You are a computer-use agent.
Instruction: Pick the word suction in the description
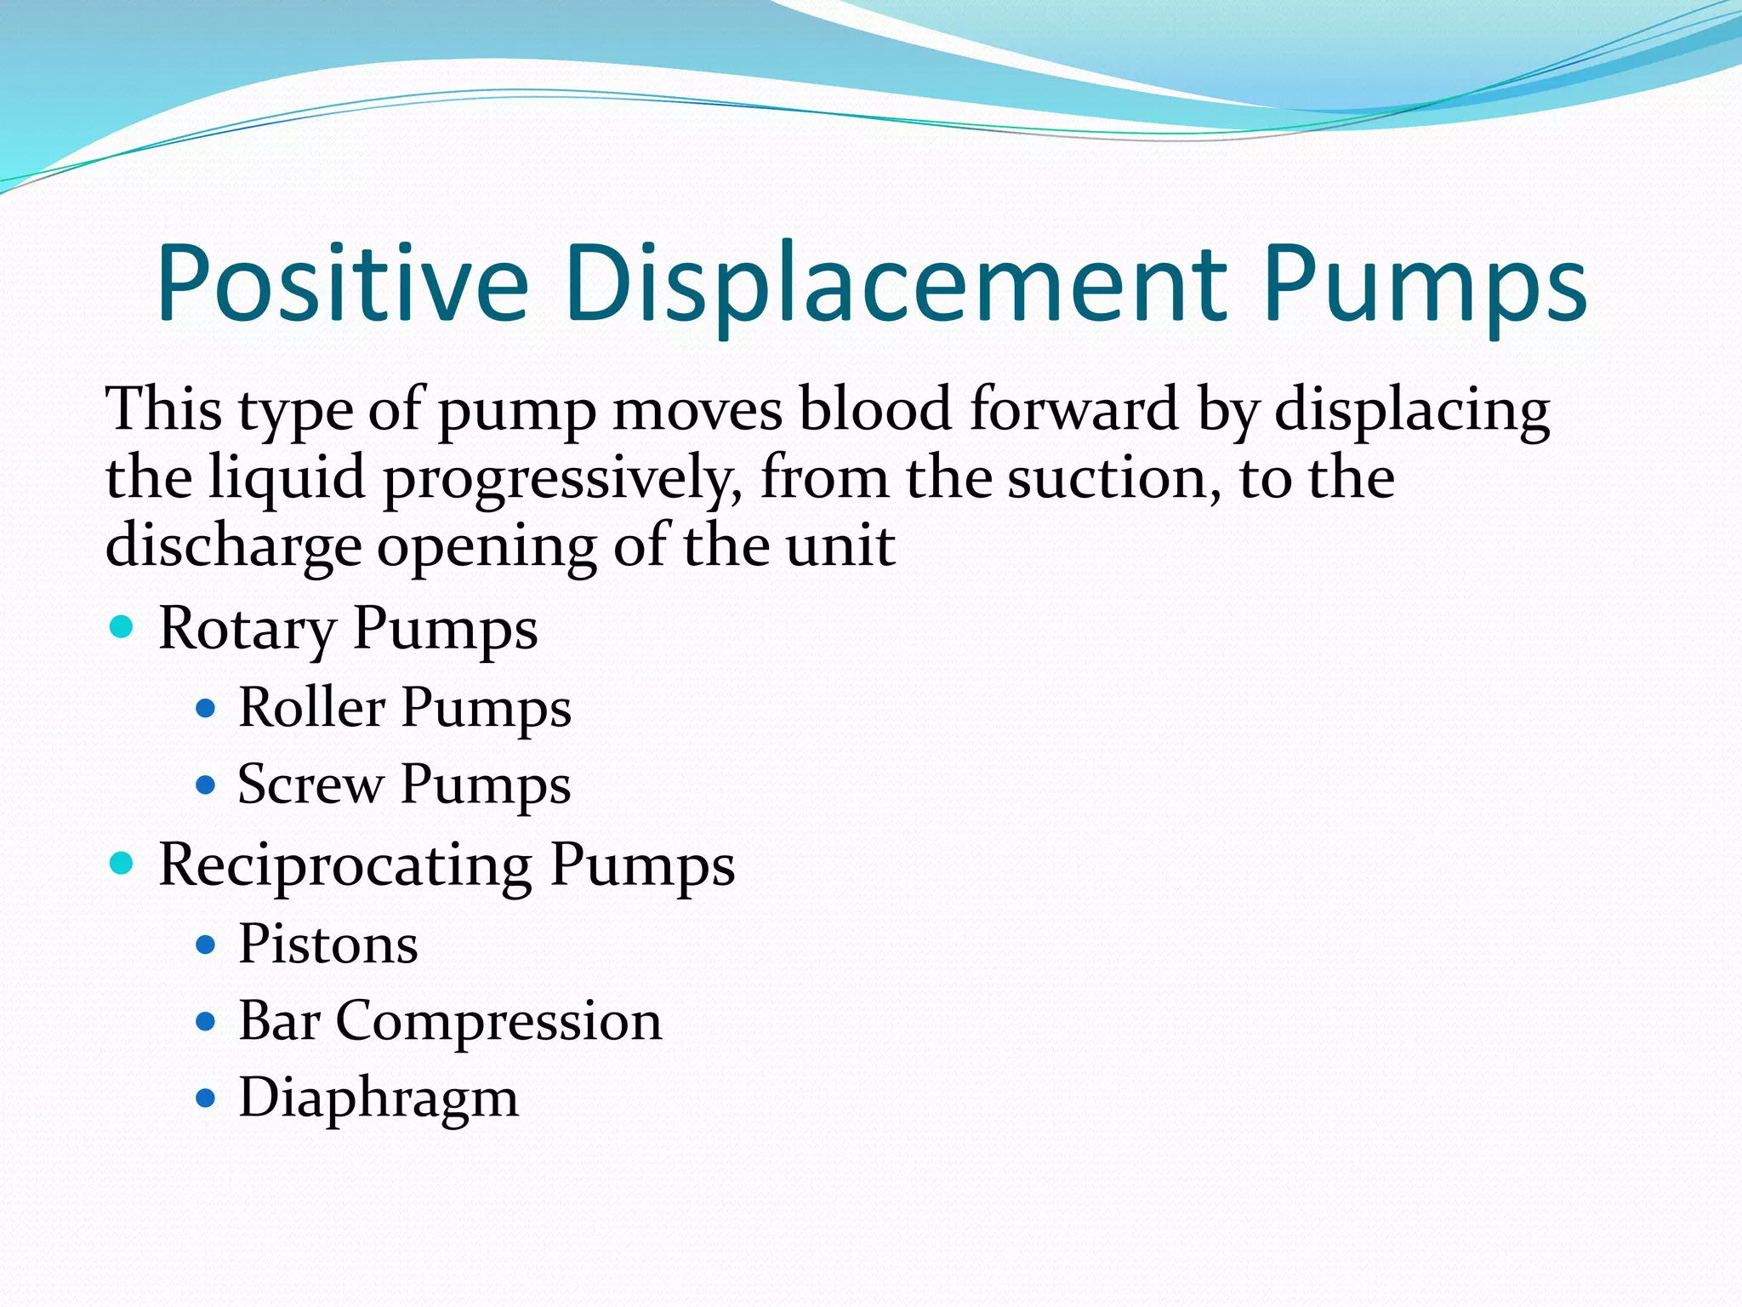click(x=1106, y=477)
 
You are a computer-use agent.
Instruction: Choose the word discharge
click(x=233, y=547)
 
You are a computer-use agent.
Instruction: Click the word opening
click(x=486, y=547)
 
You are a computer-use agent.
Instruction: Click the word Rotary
click(x=247, y=630)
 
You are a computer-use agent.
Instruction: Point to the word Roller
click(x=311, y=707)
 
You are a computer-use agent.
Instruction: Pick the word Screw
click(x=310, y=784)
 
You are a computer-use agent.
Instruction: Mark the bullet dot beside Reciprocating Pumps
click(x=122, y=865)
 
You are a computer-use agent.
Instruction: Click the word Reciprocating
click(x=345, y=866)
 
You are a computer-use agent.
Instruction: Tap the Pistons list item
click(x=328, y=944)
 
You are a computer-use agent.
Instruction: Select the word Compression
click(x=498, y=1021)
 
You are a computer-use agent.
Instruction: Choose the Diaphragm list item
click(x=379, y=1099)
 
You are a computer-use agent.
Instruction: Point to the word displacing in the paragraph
click(x=1412, y=410)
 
